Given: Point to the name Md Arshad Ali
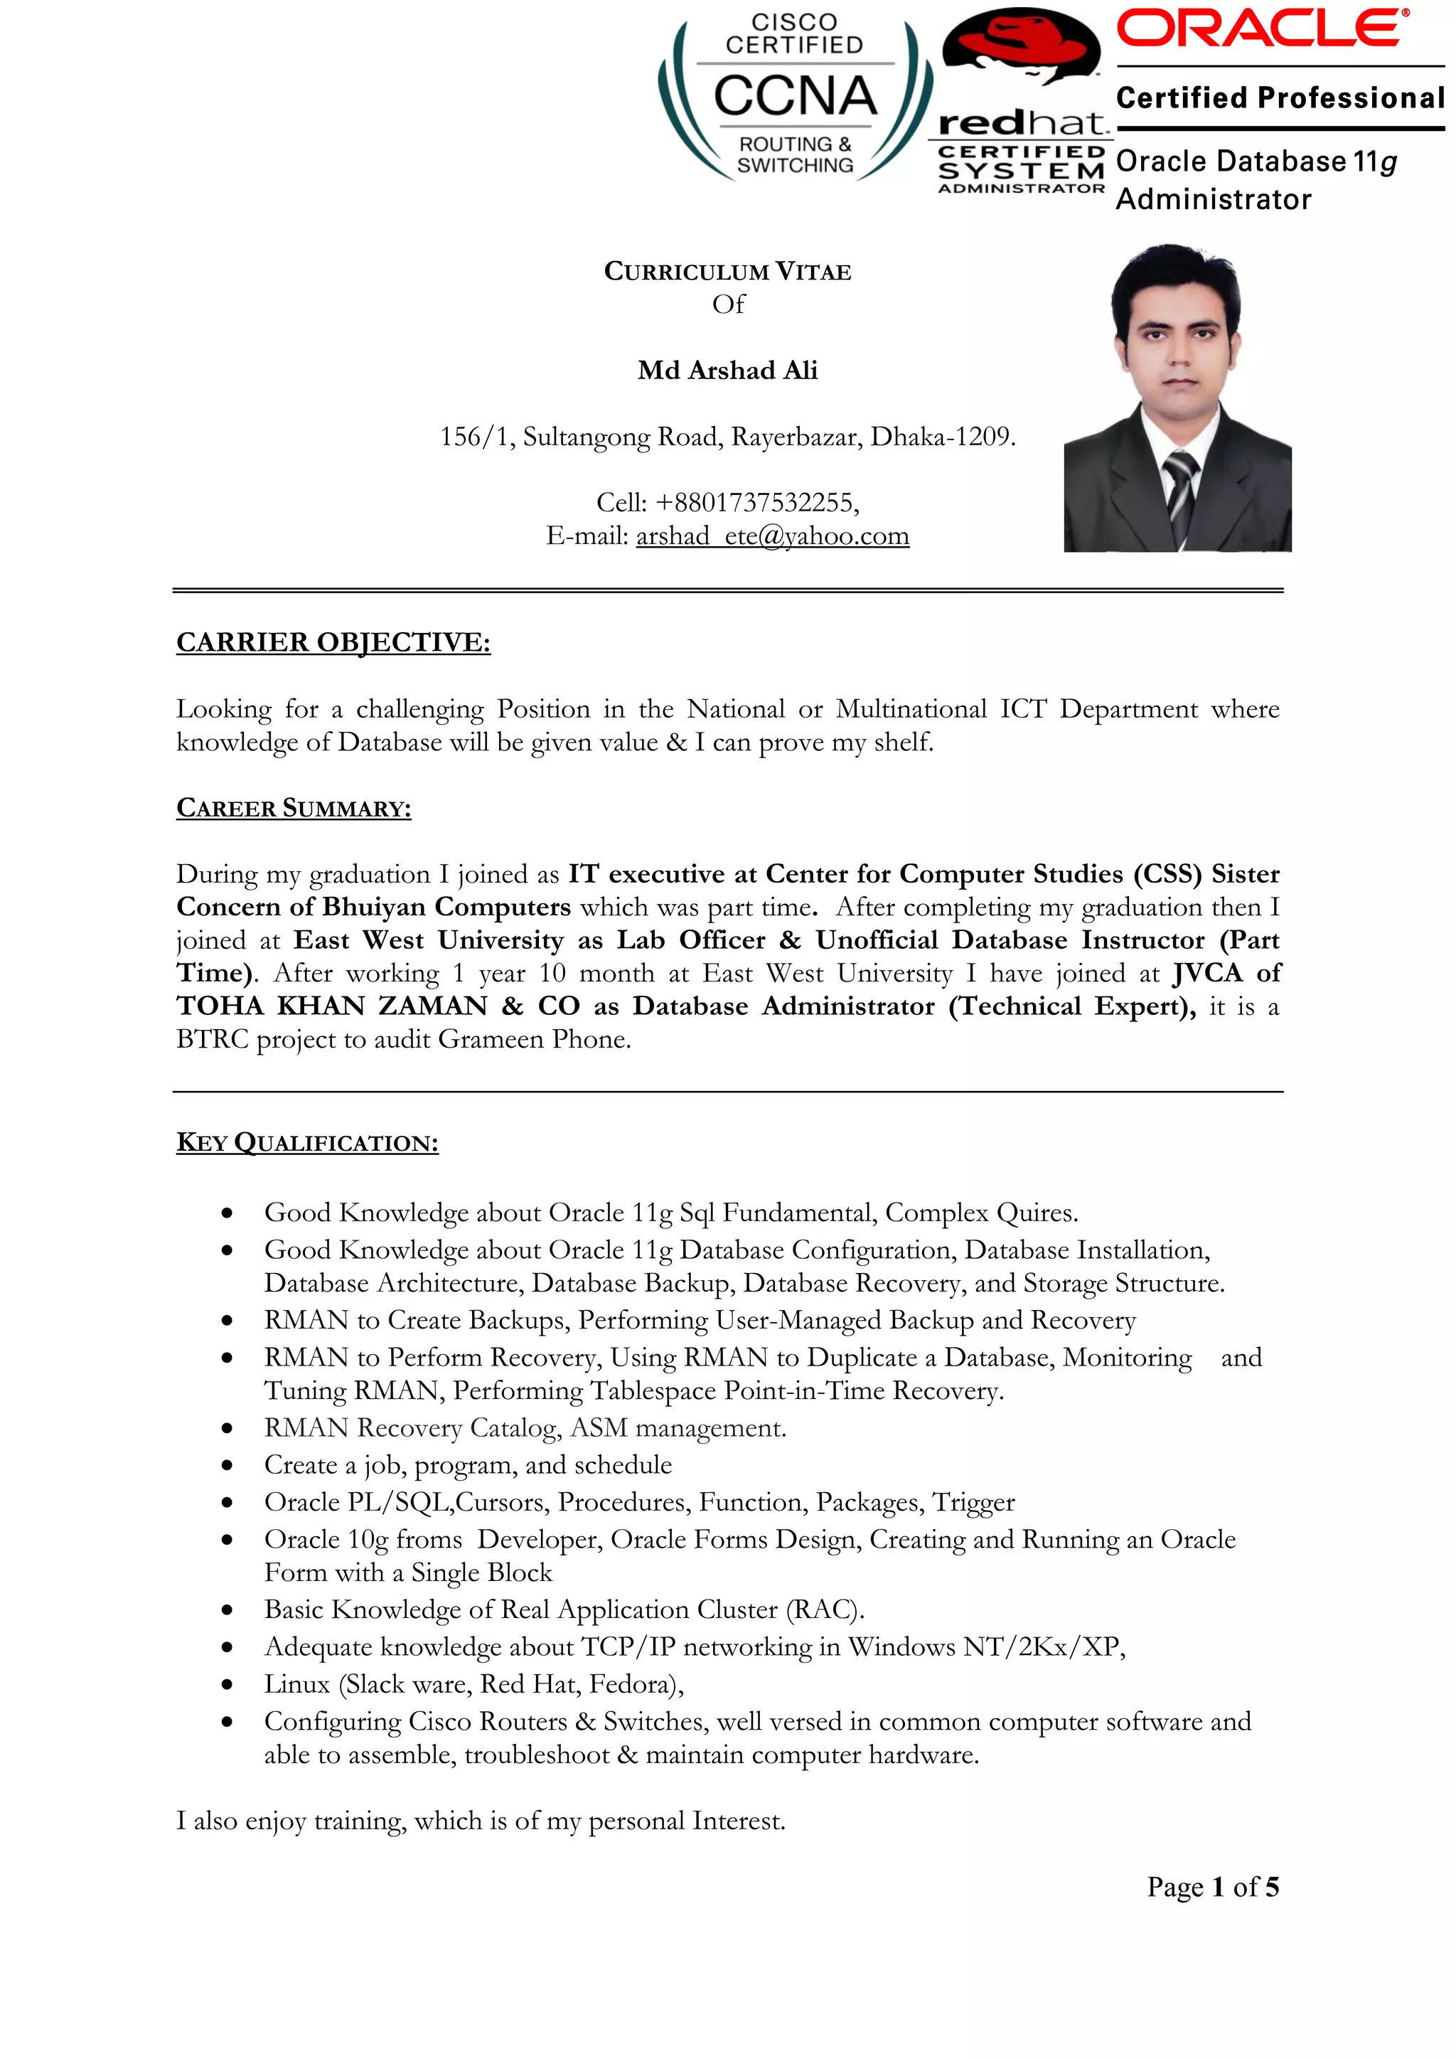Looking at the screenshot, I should click(x=727, y=371).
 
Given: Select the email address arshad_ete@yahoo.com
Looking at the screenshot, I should click(x=772, y=536).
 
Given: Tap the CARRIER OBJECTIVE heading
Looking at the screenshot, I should click(x=333, y=642).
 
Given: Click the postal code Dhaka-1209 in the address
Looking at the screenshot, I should click(x=942, y=437).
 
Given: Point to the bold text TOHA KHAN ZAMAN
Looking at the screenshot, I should click(x=332, y=1006).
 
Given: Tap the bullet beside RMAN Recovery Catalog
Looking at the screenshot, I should click(x=227, y=1429).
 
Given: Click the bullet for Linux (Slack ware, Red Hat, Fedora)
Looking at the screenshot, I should click(x=227, y=1685).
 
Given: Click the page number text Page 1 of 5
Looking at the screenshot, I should click(x=1212, y=1887).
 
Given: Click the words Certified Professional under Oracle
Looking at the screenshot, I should click(x=1280, y=97).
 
